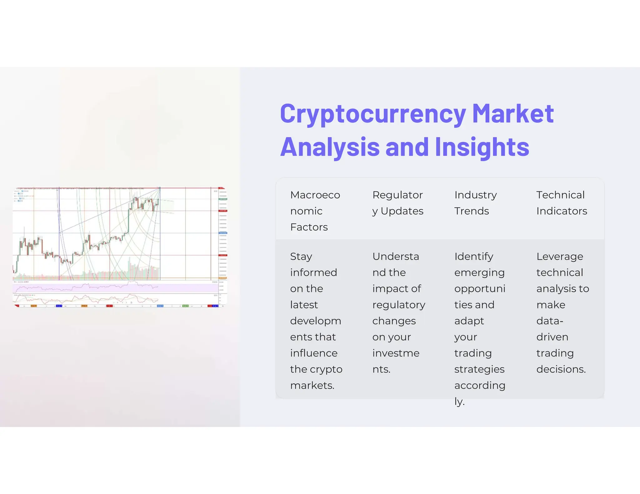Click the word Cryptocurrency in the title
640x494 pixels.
[x=373, y=114]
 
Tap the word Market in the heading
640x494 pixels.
[x=513, y=114]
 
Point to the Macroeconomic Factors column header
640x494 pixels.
[x=315, y=211]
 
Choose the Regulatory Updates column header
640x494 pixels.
[x=397, y=203]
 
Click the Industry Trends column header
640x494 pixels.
[x=475, y=203]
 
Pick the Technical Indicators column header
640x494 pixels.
[x=562, y=203]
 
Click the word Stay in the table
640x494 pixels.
[x=301, y=257]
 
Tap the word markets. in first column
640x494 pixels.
[x=312, y=385]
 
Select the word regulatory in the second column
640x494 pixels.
[x=399, y=305]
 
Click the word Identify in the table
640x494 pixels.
[x=474, y=257]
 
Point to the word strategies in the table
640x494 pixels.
[x=479, y=369]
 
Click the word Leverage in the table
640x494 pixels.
[x=560, y=257]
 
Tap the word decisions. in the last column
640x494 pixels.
[x=561, y=369]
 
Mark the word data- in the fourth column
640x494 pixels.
[x=550, y=321]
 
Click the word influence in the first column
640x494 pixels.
[x=314, y=353]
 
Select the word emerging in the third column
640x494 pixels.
[x=479, y=273]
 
